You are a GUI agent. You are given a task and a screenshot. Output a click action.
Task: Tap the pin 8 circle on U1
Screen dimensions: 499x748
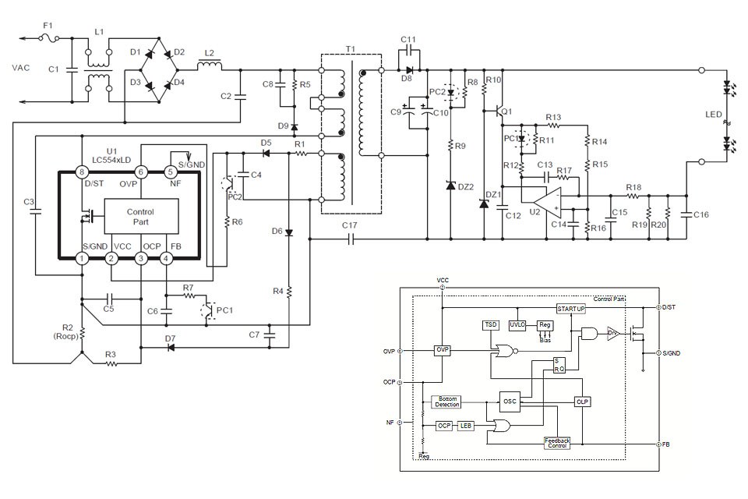80,172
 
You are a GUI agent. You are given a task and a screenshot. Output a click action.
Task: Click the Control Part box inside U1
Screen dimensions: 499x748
139,217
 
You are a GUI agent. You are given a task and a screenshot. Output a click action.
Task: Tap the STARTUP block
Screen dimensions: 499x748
570,309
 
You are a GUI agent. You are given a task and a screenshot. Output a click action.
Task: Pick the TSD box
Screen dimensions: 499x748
490,324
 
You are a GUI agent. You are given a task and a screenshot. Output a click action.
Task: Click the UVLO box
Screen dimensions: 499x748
517,324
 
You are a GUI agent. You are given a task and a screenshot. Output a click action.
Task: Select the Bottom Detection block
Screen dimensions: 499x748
447,402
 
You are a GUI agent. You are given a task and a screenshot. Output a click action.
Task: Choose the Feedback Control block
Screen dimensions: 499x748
557,442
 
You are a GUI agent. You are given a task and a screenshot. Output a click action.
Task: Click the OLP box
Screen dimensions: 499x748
582,401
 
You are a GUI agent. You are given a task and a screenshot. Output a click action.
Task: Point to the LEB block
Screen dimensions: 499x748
466,426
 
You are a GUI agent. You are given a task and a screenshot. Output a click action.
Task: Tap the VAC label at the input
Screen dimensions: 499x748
22,68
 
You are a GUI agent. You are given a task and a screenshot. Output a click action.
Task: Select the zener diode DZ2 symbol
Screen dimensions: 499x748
450,186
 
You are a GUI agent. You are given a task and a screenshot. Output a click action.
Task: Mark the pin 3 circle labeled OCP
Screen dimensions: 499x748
140,258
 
